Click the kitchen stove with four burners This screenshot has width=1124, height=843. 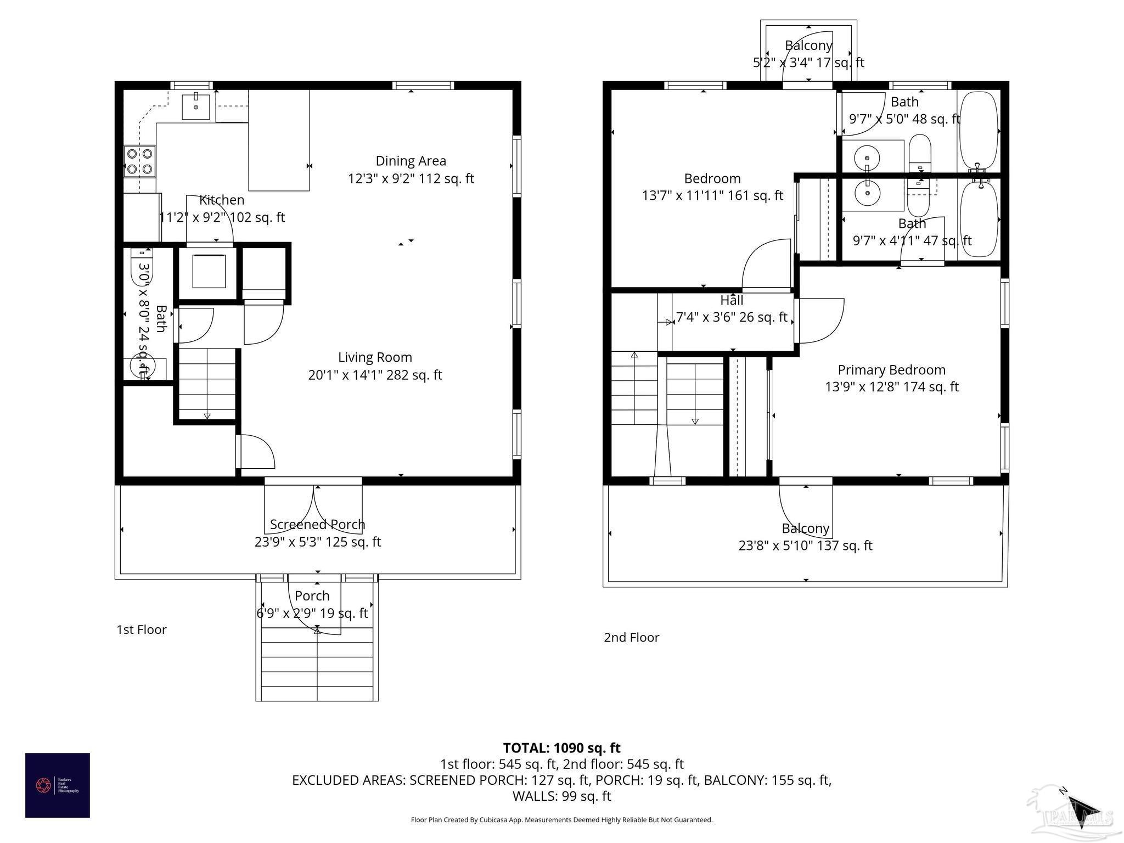[x=139, y=161]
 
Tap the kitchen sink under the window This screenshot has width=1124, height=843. [x=196, y=106]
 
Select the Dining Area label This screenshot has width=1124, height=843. [x=411, y=161]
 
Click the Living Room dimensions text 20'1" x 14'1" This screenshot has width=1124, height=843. [x=375, y=375]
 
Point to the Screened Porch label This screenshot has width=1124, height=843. [x=317, y=525]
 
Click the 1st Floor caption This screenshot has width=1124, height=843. [x=141, y=630]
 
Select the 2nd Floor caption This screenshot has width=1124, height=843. [x=631, y=637]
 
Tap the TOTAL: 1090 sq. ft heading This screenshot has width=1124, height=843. [x=561, y=748]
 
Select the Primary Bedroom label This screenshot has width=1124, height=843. [x=891, y=370]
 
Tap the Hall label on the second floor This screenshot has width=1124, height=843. [x=732, y=300]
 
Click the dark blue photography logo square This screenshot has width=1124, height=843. [x=58, y=785]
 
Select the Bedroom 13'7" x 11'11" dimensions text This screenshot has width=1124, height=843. [x=712, y=196]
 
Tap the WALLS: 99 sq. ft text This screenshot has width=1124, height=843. [x=561, y=796]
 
